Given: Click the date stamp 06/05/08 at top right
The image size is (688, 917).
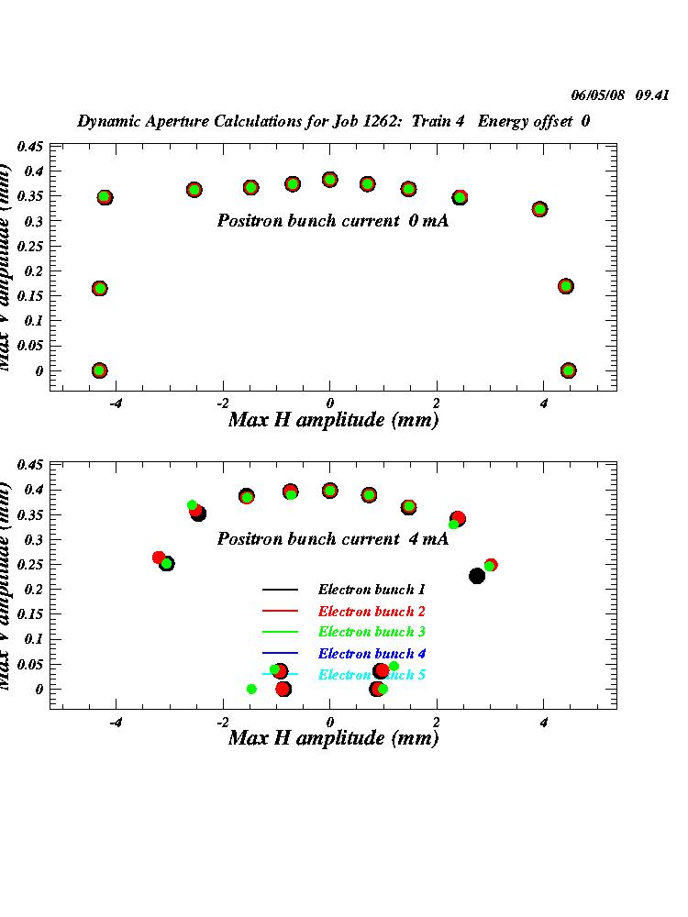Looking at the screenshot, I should pyautogui.click(x=597, y=95).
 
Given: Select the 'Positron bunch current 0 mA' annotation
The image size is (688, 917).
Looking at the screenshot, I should pyautogui.click(x=332, y=221).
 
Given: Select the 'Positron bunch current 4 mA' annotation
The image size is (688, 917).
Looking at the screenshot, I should pyautogui.click(x=332, y=539).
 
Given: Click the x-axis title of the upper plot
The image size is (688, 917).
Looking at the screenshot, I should pyautogui.click(x=333, y=420).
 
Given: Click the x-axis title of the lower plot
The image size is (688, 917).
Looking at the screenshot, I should pyautogui.click(x=333, y=738).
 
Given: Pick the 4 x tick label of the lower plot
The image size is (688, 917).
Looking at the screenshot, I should pyautogui.click(x=544, y=722).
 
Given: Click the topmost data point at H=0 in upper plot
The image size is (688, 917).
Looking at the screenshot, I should pyautogui.click(x=330, y=180).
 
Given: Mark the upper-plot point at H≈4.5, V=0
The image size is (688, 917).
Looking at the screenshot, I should pyautogui.click(x=569, y=370).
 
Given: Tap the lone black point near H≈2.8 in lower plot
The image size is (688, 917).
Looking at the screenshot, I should pyautogui.click(x=477, y=576).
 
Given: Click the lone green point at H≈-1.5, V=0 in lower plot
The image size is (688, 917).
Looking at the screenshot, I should pyautogui.click(x=251, y=689).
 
